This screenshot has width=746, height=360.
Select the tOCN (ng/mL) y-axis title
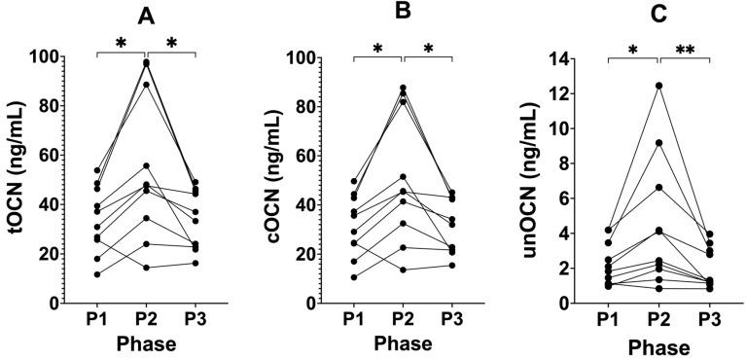click(x=17, y=180)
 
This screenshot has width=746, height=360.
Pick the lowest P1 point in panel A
click(x=96, y=274)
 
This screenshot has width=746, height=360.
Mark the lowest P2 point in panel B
click(x=403, y=270)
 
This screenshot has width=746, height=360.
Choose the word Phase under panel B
click(x=403, y=343)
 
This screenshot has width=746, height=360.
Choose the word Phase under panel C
click(x=659, y=346)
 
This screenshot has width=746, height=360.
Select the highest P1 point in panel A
click(x=96, y=170)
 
